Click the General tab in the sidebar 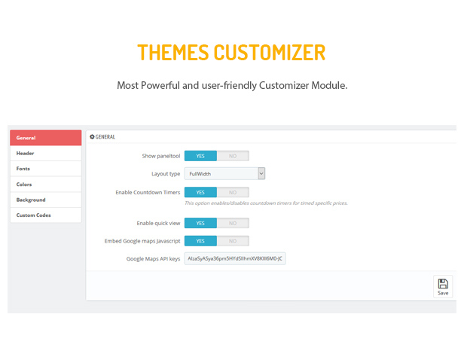pyautogui.click(x=45, y=138)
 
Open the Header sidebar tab pyautogui.click(x=45, y=153)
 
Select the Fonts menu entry pyautogui.click(x=45, y=169)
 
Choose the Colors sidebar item pyautogui.click(x=45, y=185)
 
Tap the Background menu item pyautogui.click(x=45, y=200)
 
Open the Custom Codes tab pyautogui.click(x=45, y=215)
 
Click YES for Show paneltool pyautogui.click(x=200, y=156)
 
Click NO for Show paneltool pyautogui.click(x=233, y=156)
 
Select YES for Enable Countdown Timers pyautogui.click(x=200, y=192)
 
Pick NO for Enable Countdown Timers pyautogui.click(x=233, y=192)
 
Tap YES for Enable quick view pyautogui.click(x=200, y=223)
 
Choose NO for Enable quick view pyautogui.click(x=233, y=223)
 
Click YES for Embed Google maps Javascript pyautogui.click(x=200, y=241)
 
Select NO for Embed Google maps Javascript pyautogui.click(x=233, y=241)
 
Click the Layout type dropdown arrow pyautogui.click(x=261, y=174)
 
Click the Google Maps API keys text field pyautogui.click(x=235, y=258)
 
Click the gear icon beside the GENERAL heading pyautogui.click(x=92, y=136)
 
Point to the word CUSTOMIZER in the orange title pyautogui.click(x=270, y=53)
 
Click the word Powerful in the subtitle pyautogui.click(x=160, y=85)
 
